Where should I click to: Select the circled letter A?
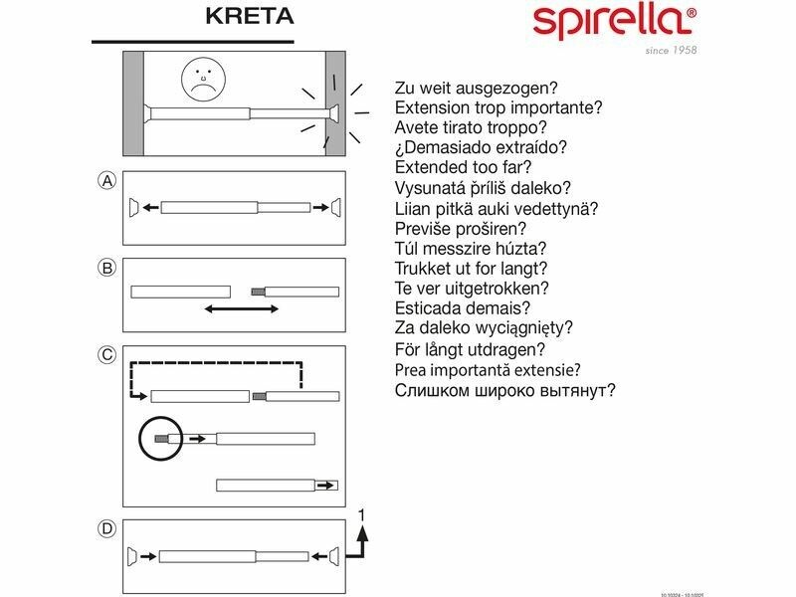[x=107, y=180]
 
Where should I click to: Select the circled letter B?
[x=107, y=267]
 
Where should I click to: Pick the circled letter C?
[x=107, y=354]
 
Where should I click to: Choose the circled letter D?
[x=107, y=528]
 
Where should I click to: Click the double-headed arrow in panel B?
[x=242, y=309]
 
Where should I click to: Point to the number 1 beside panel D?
[x=363, y=515]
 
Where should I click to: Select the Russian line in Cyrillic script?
[x=505, y=390]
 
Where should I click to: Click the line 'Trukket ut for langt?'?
[x=472, y=269]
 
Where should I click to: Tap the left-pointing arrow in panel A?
[x=149, y=208]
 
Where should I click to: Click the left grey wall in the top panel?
[x=132, y=102]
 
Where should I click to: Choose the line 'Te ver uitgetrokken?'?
[x=472, y=289]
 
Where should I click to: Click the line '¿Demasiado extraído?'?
[x=482, y=147]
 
